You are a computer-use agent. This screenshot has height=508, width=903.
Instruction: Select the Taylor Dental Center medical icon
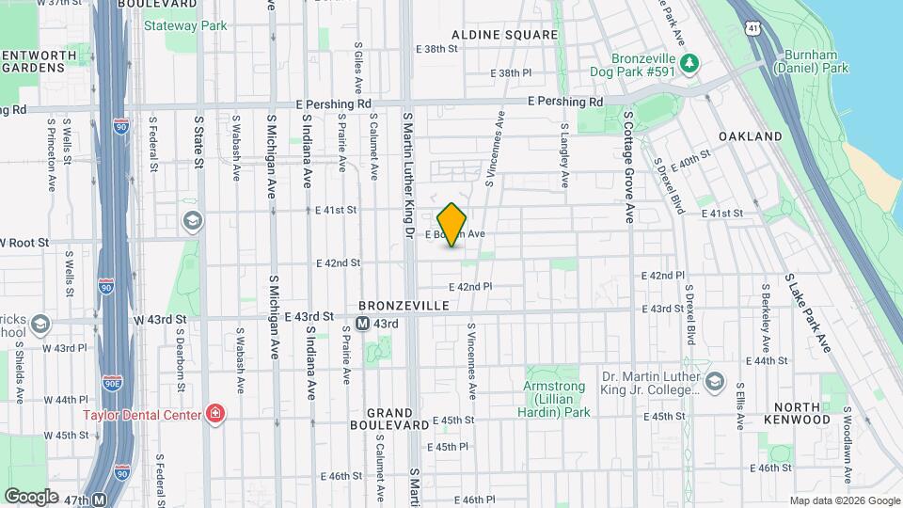pyautogui.click(x=215, y=414)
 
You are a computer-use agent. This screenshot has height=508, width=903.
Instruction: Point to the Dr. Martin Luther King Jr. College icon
pyautogui.click(x=715, y=381)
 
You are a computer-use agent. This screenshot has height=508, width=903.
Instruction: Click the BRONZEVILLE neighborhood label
pyautogui.click(x=403, y=307)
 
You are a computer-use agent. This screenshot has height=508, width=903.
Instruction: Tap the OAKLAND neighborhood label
pyautogui.click(x=750, y=136)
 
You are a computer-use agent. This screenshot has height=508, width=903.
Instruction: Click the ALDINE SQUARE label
pyautogui.click(x=504, y=35)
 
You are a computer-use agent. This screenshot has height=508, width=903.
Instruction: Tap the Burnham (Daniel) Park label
pyautogui.click(x=811, y=61)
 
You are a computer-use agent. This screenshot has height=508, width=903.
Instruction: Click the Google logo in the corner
pyautogui.click(x=31, y=496)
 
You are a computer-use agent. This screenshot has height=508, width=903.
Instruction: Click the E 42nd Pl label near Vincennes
pyautogui.click(x=470, y=287)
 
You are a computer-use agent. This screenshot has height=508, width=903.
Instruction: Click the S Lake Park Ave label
pyautogui.click(x=810, y=313)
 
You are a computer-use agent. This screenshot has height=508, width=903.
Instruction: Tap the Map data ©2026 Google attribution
pyautogui.click(x=844, y=500)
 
